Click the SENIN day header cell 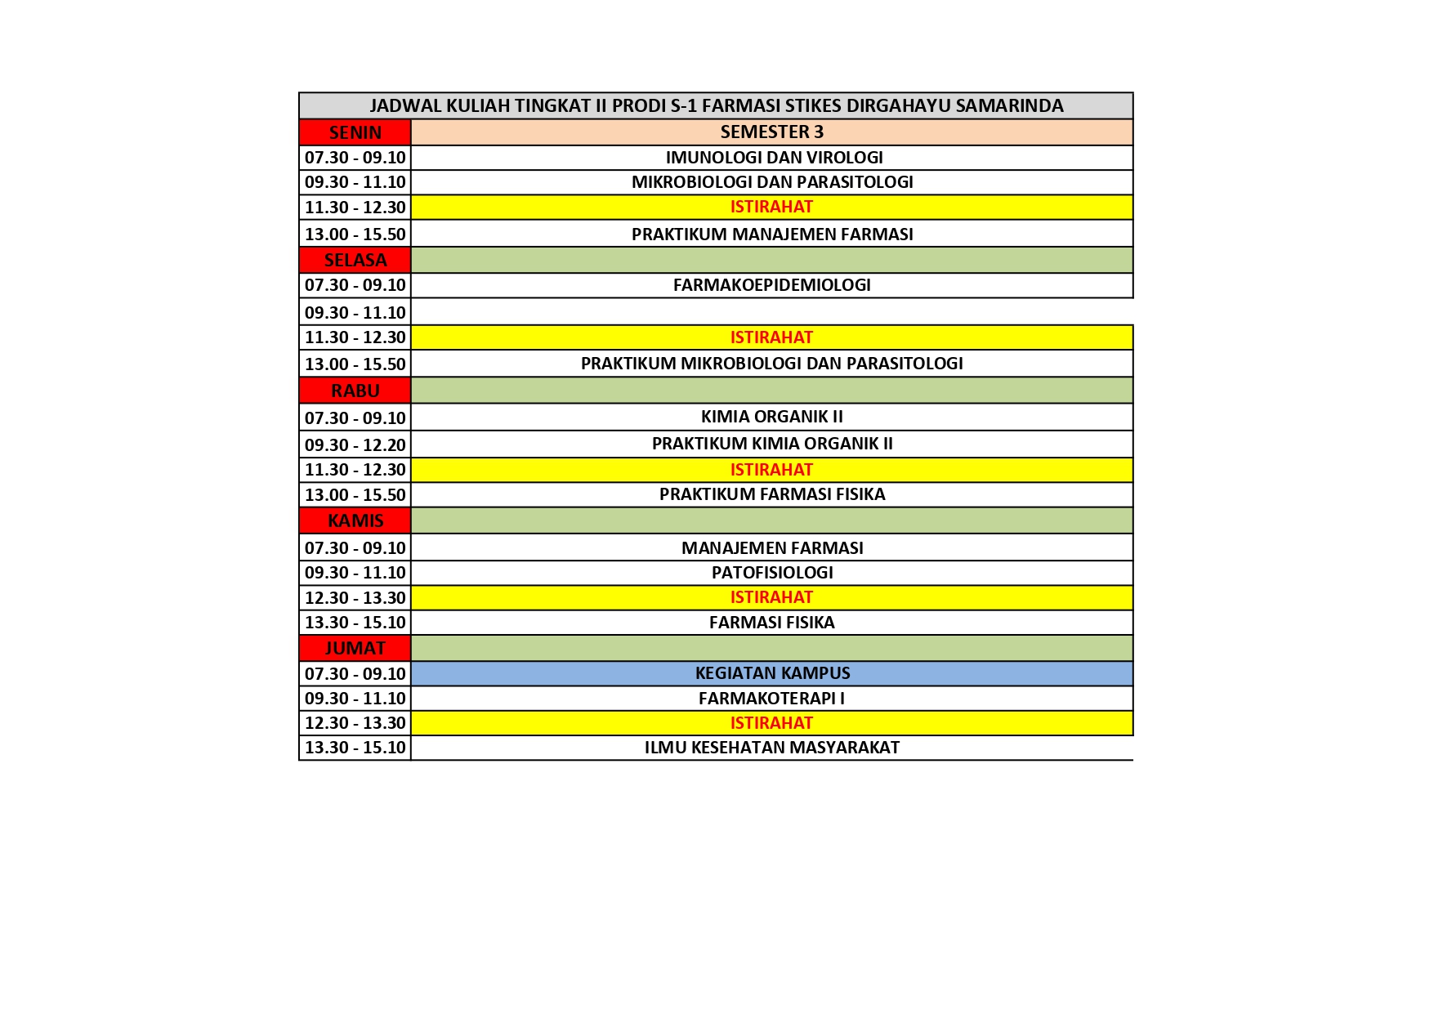355,132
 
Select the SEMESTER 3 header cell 771,132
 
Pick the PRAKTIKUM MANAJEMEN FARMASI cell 771,235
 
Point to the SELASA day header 355,261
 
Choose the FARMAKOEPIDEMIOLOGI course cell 771,285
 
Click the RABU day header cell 355,391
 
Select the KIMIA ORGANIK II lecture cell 771,417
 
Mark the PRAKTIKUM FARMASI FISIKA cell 771,494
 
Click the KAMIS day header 355,520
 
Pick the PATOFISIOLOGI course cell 771,573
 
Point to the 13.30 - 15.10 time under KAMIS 355,623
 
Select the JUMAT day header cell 355,648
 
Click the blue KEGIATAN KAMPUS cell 771,673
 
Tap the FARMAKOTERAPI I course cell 771,699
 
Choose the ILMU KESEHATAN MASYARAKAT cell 771,748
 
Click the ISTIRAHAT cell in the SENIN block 771,208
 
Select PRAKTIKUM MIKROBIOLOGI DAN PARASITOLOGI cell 771,364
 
